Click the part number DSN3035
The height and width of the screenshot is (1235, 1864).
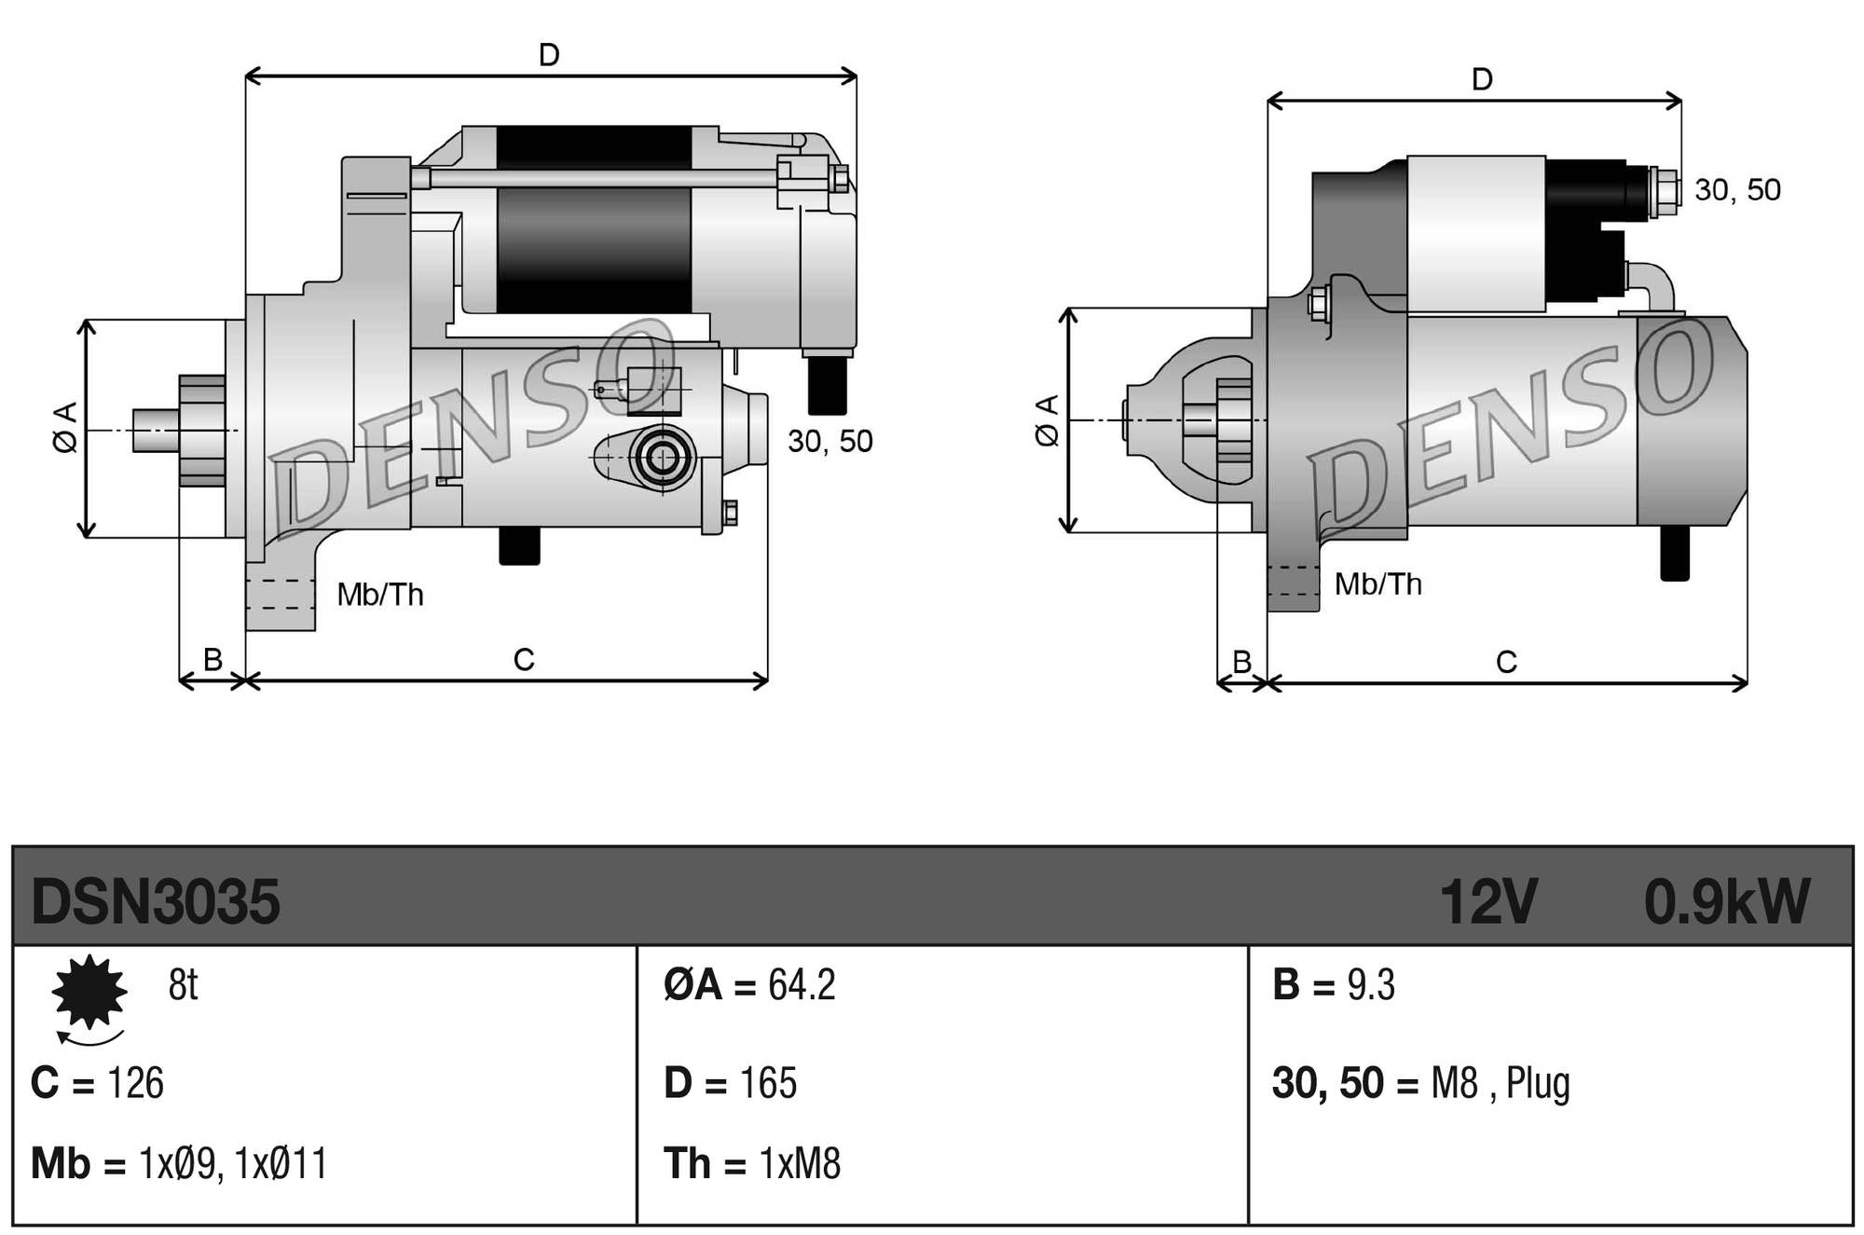(155, 901)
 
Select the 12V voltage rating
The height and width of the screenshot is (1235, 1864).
(1487, 901)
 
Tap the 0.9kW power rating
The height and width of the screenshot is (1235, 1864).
(1726, 901)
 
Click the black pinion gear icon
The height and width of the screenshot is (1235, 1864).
(89, 992)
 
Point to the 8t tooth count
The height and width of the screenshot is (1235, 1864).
(183, 985)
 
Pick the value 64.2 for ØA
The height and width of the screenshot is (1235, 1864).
(802, 985)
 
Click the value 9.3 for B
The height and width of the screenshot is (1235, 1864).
(1371, 985)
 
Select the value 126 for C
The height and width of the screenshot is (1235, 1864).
(136, 1083)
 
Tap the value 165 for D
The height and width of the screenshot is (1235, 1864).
(768, 1083)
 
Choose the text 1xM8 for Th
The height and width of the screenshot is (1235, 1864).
(800, 1164)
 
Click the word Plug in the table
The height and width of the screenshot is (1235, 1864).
(1538, 1083)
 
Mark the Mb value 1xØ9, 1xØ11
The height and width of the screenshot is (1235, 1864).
(233, 1164)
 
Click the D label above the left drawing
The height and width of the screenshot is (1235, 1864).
(549, 56)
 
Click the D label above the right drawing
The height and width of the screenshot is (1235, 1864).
(1482, 80)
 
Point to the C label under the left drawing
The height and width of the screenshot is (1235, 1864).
(524, 660)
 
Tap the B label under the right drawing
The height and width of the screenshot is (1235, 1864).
(1241, 662)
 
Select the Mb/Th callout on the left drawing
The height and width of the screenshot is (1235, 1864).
(380, 595)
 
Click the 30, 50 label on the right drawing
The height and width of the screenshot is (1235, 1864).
(1737, 190)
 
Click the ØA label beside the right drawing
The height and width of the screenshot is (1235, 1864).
(1048, 420)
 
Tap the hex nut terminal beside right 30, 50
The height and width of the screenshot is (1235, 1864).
(1664, 191)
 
